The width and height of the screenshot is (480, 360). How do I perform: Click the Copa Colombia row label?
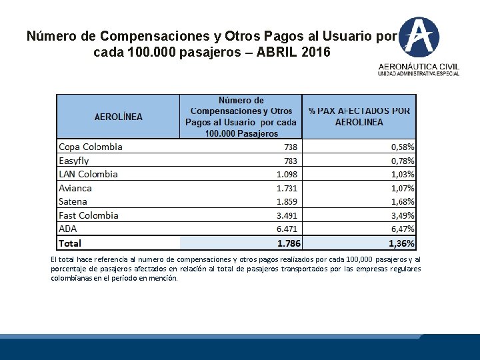pyautogui.click(x=91, y=147)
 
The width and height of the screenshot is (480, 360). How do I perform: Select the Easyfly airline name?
pyautogui.click(x=73, y=161)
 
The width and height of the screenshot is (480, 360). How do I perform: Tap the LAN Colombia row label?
pyautogui.click(x=88, y=174)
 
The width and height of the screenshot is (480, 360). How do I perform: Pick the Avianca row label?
pyautogui.click(x=75, y=188)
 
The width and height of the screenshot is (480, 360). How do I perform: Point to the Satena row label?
pyautogui.click(x=73, y=201)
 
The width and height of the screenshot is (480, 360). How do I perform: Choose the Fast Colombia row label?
pyautogui.click(x=89, y=215)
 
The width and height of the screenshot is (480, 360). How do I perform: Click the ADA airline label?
pyautogui.click(x=68, y=229)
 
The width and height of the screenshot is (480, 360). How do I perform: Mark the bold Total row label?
pyautogui.click(x=70, y=243)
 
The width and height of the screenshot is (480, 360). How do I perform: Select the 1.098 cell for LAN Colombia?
pyautogui.click(x=287, y=175)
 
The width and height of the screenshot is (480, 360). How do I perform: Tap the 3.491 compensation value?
pyautogui.click(x=287, y=216)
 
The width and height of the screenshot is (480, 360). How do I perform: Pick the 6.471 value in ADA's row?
pyautogui.click(x=287, y=229)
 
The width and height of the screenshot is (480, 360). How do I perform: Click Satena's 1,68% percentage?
pyautogui.click(x=403, y=202)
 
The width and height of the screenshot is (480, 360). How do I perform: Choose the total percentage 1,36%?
pyautogui.click(x=402, y=244)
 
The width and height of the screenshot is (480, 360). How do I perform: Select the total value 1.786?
pyautogui.click(x=289, y=244)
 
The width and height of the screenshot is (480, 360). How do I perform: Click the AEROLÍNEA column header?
pyautogui.click(x=119, y=117)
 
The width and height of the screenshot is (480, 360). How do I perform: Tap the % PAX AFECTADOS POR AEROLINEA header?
pyautogui.click(x=359, y=117)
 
